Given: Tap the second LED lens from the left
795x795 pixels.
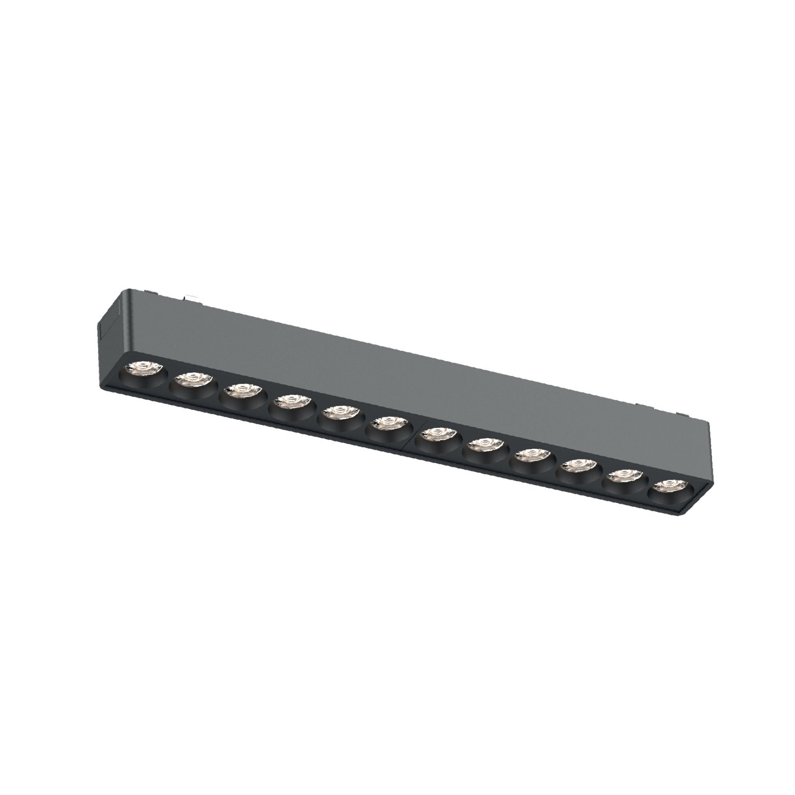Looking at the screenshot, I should click(193, 378).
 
